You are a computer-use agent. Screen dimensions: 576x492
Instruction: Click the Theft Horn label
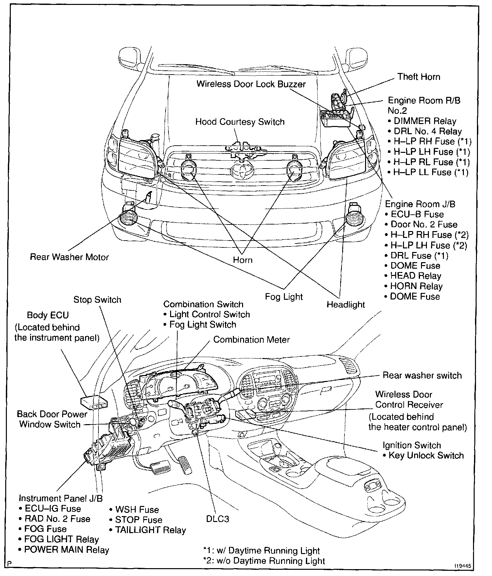click(419, 77)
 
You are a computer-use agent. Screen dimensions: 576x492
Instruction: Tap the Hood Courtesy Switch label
click(240, 122)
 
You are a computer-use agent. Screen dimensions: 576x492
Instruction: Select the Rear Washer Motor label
click(69, 257)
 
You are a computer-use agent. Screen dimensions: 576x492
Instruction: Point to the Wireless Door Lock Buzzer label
click(251, 84)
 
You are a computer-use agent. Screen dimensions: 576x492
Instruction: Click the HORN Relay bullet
click(416, 286)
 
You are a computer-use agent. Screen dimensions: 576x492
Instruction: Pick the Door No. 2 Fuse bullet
click(424, 225)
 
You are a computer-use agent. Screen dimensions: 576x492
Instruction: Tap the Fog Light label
click(284, 297)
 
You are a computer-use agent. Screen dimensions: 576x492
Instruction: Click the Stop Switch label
click(97, 300)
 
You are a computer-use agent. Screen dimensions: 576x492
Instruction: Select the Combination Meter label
click(251, 340)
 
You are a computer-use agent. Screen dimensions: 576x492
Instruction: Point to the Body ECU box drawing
click(93, 403)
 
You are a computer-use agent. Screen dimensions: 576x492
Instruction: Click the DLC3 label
click(218, 519)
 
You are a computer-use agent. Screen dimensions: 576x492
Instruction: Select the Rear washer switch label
click(422, 375)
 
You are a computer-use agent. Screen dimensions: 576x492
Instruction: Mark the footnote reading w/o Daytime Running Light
click(264, 561)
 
